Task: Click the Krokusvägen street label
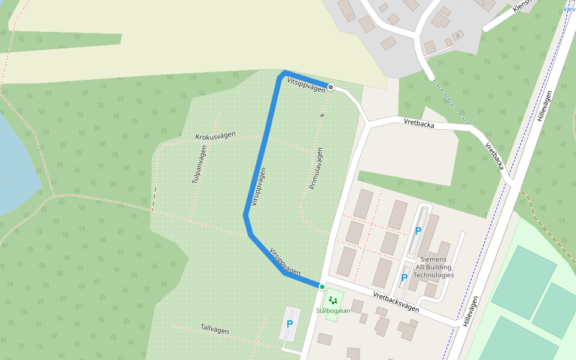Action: (215, 136)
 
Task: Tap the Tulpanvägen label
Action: (199, 165)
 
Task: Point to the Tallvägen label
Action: (215, 329)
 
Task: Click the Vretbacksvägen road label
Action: (396, 301)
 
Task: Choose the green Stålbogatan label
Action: (333, 311)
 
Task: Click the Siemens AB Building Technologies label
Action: (434, 267)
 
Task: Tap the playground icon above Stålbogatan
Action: (333, 300)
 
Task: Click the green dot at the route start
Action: (322, 287)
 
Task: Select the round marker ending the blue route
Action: (331, 87)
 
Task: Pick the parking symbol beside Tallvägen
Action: (290, 324)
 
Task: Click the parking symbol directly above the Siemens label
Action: (418, 231)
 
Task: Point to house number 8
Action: (457, 36)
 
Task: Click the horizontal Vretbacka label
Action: (419, 122)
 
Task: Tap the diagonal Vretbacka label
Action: (494, 155)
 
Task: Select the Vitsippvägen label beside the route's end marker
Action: (306, 84)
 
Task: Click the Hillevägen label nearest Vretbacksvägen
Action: (471, 311)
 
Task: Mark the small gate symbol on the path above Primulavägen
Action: (322, 115)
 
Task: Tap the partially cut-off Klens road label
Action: (523, 6)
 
